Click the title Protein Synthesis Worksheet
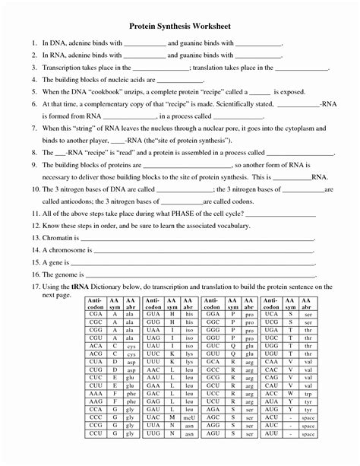(x=180, y=25)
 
